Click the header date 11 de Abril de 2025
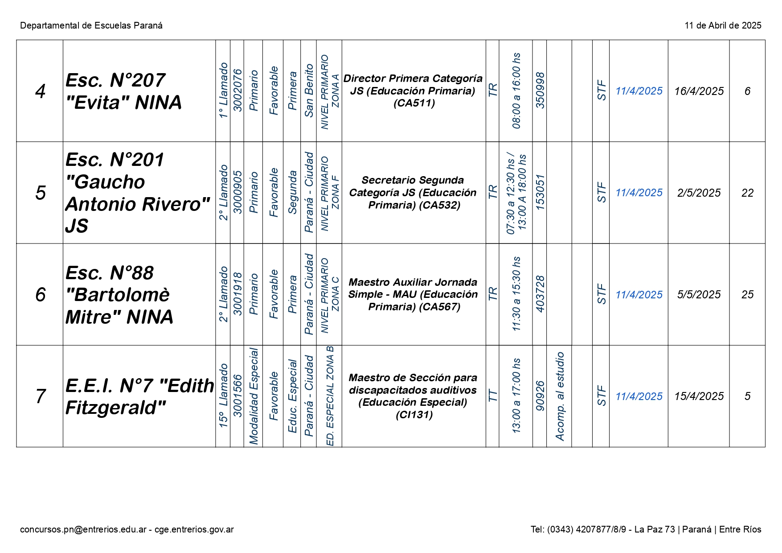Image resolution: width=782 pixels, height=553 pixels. click(x=723, y=25)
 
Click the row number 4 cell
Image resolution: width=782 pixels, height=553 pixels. click(x=40, y=91)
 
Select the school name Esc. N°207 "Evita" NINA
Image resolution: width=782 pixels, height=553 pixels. click(x=123, y=91)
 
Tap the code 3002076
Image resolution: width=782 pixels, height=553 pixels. click(x=237, y=91)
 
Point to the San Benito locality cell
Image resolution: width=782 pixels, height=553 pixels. click(x=309, y=91)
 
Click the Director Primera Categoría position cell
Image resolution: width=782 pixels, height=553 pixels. click(x=413, y=91)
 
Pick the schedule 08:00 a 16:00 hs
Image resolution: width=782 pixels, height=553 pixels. click(x=516, y=91)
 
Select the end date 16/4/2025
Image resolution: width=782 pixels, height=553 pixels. click(x=699, y=91)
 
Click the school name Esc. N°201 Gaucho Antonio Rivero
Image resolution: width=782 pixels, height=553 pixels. click(x=137, y=193)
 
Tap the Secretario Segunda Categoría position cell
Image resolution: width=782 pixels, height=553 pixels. click(x=413, y=193)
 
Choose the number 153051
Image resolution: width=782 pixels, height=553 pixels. click(x=540, y=193)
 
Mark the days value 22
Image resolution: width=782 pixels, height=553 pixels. click(x=747, y=193)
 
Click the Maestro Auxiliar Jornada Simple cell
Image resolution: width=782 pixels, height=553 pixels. click(x=413, y=294)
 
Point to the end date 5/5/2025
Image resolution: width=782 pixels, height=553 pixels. click(x=699, y=294)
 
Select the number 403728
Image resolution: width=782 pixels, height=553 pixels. click(x=540, y=294)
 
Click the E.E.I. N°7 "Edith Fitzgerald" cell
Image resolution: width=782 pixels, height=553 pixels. click(x=139, y=396)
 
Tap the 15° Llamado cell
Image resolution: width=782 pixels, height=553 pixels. click(x=223, y=396)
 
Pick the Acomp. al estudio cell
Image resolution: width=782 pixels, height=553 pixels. click(x=560, y=396)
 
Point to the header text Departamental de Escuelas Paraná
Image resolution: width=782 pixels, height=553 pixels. click(x=91, y=25)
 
